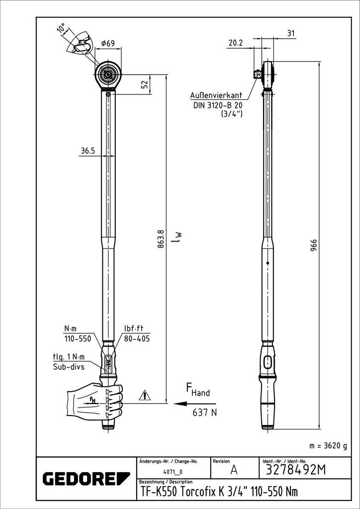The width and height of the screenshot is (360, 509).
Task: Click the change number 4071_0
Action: coord(173,471)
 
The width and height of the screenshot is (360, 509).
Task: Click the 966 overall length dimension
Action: coord(314,247)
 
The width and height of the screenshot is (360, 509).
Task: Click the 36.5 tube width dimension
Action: coord(88,151)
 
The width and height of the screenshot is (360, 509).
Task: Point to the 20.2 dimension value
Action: coord(235,43)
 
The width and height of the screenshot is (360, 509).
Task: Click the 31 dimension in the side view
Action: coord(291,33)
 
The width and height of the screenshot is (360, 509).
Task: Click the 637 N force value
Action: coord(204,412)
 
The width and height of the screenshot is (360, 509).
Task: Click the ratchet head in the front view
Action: coord(108,75)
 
